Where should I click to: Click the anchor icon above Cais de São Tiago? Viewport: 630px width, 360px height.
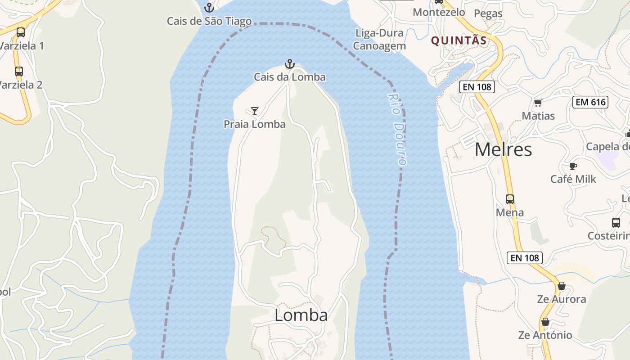click(209, 8)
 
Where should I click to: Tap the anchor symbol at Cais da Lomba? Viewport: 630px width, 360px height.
click(290, 64)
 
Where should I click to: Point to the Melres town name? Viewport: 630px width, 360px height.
click(503, 149)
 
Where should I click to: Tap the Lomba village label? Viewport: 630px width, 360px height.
click(301, 315)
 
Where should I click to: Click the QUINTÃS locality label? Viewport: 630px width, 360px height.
click(459, 41)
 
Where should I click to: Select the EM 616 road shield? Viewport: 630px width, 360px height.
click(591, 102)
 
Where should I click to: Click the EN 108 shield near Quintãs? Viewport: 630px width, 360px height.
click(477, 87)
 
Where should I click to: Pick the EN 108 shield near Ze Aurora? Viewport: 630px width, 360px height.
click(525, 258)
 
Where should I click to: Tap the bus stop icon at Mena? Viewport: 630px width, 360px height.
click(510, 199)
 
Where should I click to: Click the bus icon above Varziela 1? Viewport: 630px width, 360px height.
click(21, 32)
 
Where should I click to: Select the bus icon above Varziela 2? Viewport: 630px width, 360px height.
click(19, 71)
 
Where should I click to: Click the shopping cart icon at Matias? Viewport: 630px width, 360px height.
click(538, 103)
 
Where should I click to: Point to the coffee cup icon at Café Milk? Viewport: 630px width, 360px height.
click(573, 166)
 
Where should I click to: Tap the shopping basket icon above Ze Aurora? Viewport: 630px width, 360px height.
click(562, 286)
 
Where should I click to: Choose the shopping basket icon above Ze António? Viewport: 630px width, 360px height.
click(545, 322)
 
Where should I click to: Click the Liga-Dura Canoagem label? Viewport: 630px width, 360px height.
click(379, 39)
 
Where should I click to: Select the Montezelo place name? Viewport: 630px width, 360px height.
click(439, 12)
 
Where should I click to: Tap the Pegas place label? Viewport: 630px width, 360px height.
click(488, 13)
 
